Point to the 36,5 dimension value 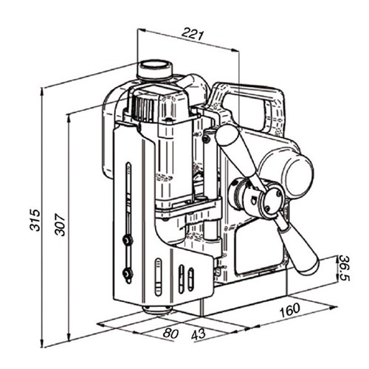click(343, 268)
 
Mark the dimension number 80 click(170, 333)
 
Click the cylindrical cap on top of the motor click(155, 69)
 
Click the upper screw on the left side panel click(128, 240)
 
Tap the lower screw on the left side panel click(128, 275)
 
